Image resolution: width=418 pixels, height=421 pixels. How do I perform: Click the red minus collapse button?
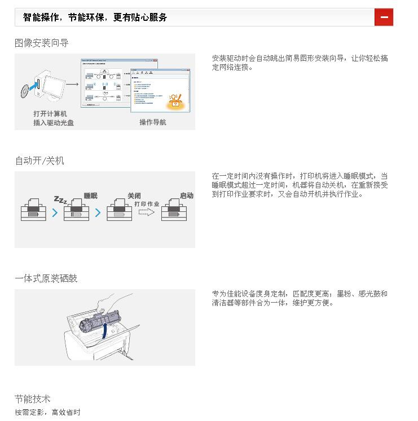pyautogui.click(x=384, y=17)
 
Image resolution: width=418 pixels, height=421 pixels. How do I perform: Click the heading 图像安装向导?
pyautogui.click(x=42, y=43)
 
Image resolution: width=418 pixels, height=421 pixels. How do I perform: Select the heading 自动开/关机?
pyautogui.click(x=39, y=161)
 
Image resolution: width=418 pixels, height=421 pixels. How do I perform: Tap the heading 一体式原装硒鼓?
pyautogui.click(x=46, y=278)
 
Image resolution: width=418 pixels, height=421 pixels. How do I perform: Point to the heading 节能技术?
pyautogui.click(x=33, y=399)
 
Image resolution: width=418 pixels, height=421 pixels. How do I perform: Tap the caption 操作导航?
pyautogui.click(x=153, y=122)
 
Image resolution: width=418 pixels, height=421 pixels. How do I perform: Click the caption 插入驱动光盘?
pyautogui.click(x=54, y=122)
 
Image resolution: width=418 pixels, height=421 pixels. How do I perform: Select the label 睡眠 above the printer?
pyautogui.click(x=90, y=196)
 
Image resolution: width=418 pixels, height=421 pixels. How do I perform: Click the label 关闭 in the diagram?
pyautogui.click(x=134, y=196)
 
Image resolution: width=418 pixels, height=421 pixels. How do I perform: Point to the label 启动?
pyautogui.click(x=186, y=196)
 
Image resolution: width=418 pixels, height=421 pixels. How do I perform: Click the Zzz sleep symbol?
pyautogui.click(x=60, y=200)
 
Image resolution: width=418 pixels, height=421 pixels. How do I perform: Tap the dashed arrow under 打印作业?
pyautogui.click(x=147, y=212)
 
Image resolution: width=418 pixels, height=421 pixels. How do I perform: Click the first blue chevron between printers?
pyautogui.click(x=55, y=213)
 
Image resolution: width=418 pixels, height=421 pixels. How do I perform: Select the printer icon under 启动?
pyautogui.click(x=174, y=211)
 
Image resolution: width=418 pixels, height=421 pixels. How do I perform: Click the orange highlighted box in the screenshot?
pyautogui.click(x=175, y=101)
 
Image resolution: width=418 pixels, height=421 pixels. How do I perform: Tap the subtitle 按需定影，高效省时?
pyautogui.click(x=48, y=413)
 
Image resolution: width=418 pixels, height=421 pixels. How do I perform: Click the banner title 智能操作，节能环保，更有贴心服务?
pyautogui.click(x=95, y=17)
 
